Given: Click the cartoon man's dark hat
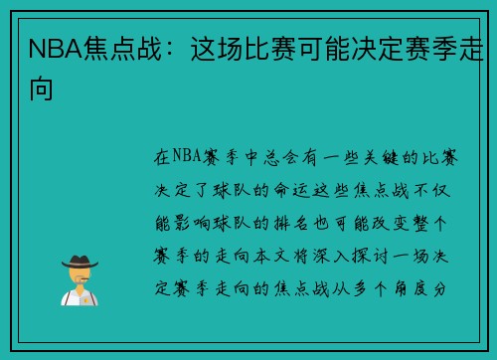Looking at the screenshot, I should pyautogui.click(x=79, y=262).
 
